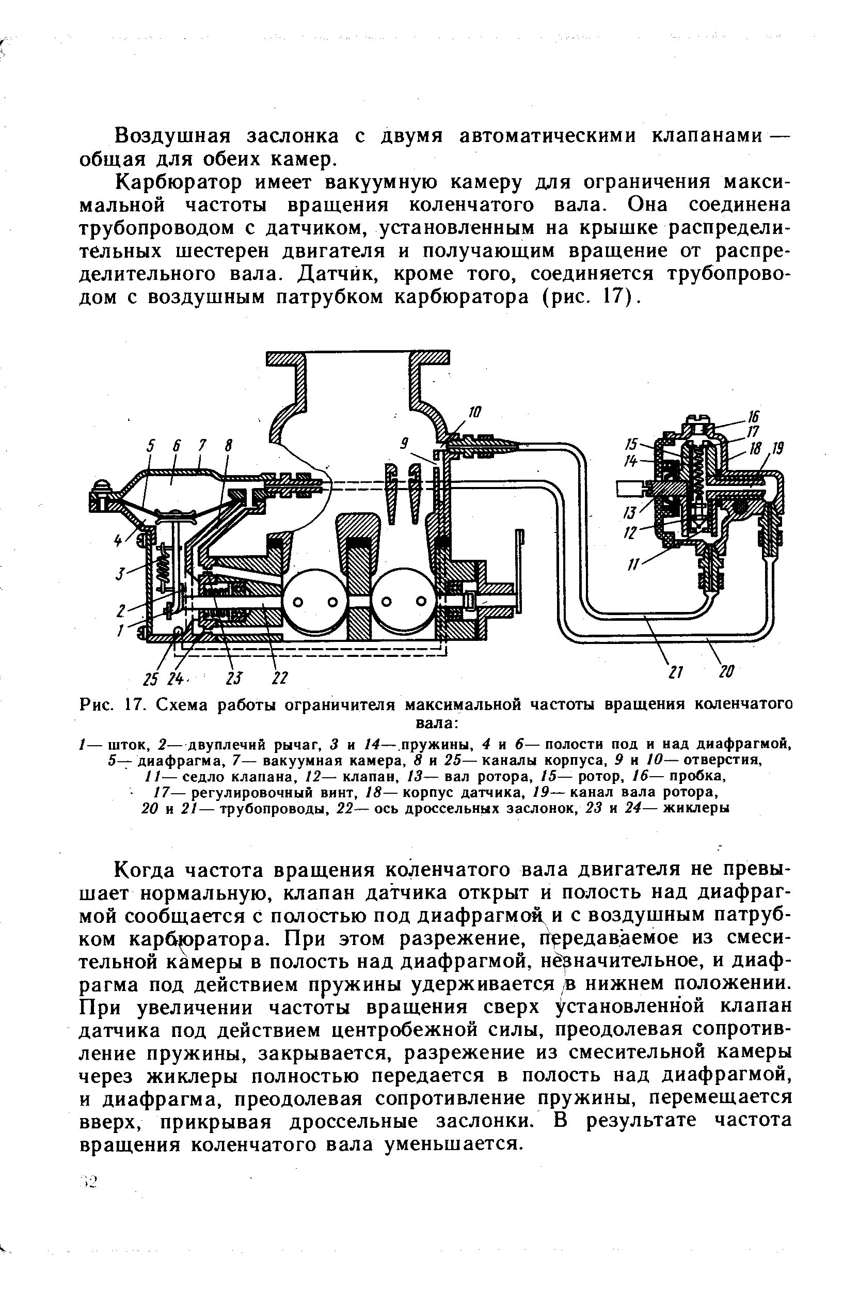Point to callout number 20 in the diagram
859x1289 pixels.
(x=726, y=671)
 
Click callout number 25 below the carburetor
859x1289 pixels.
(x=151, y=679)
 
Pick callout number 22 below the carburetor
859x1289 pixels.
(x=280, y=678)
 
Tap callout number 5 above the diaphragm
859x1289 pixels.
(x=151, y=447)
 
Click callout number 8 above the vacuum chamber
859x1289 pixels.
(x=228, y=447)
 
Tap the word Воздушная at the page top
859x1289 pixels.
(x=170, y=136)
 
